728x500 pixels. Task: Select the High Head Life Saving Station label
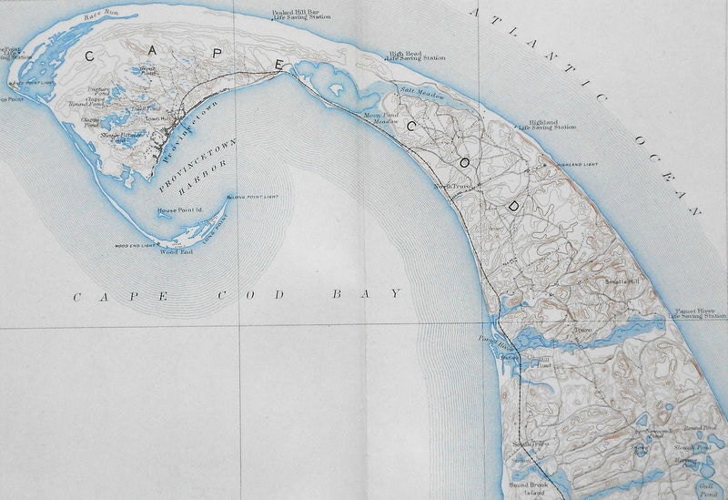click(x=416, y=56)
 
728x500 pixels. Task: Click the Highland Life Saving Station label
click(x=546, y=125)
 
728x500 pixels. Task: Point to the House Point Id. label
click(x=179, y=210)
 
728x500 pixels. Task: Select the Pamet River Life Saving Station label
click(x=696, y=313)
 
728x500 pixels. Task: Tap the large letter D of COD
click(x=512, y=208)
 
